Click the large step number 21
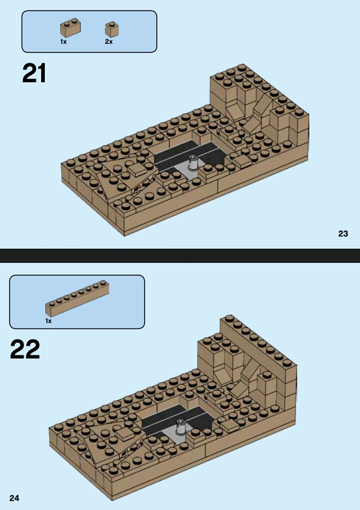point(34,73)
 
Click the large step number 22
point(25,349)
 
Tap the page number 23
point(343,233)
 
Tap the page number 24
point(14,498)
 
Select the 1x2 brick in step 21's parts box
point(70,28)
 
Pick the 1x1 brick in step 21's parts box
point(112,30)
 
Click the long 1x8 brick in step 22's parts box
point(78,298)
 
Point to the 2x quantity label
point(109,42)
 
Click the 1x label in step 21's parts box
point(63,42)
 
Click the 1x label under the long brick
point(49,321)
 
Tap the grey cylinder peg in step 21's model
point(194,162)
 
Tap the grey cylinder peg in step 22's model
point(181,427)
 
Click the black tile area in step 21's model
point(188,153)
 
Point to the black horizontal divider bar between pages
point(180,256)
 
